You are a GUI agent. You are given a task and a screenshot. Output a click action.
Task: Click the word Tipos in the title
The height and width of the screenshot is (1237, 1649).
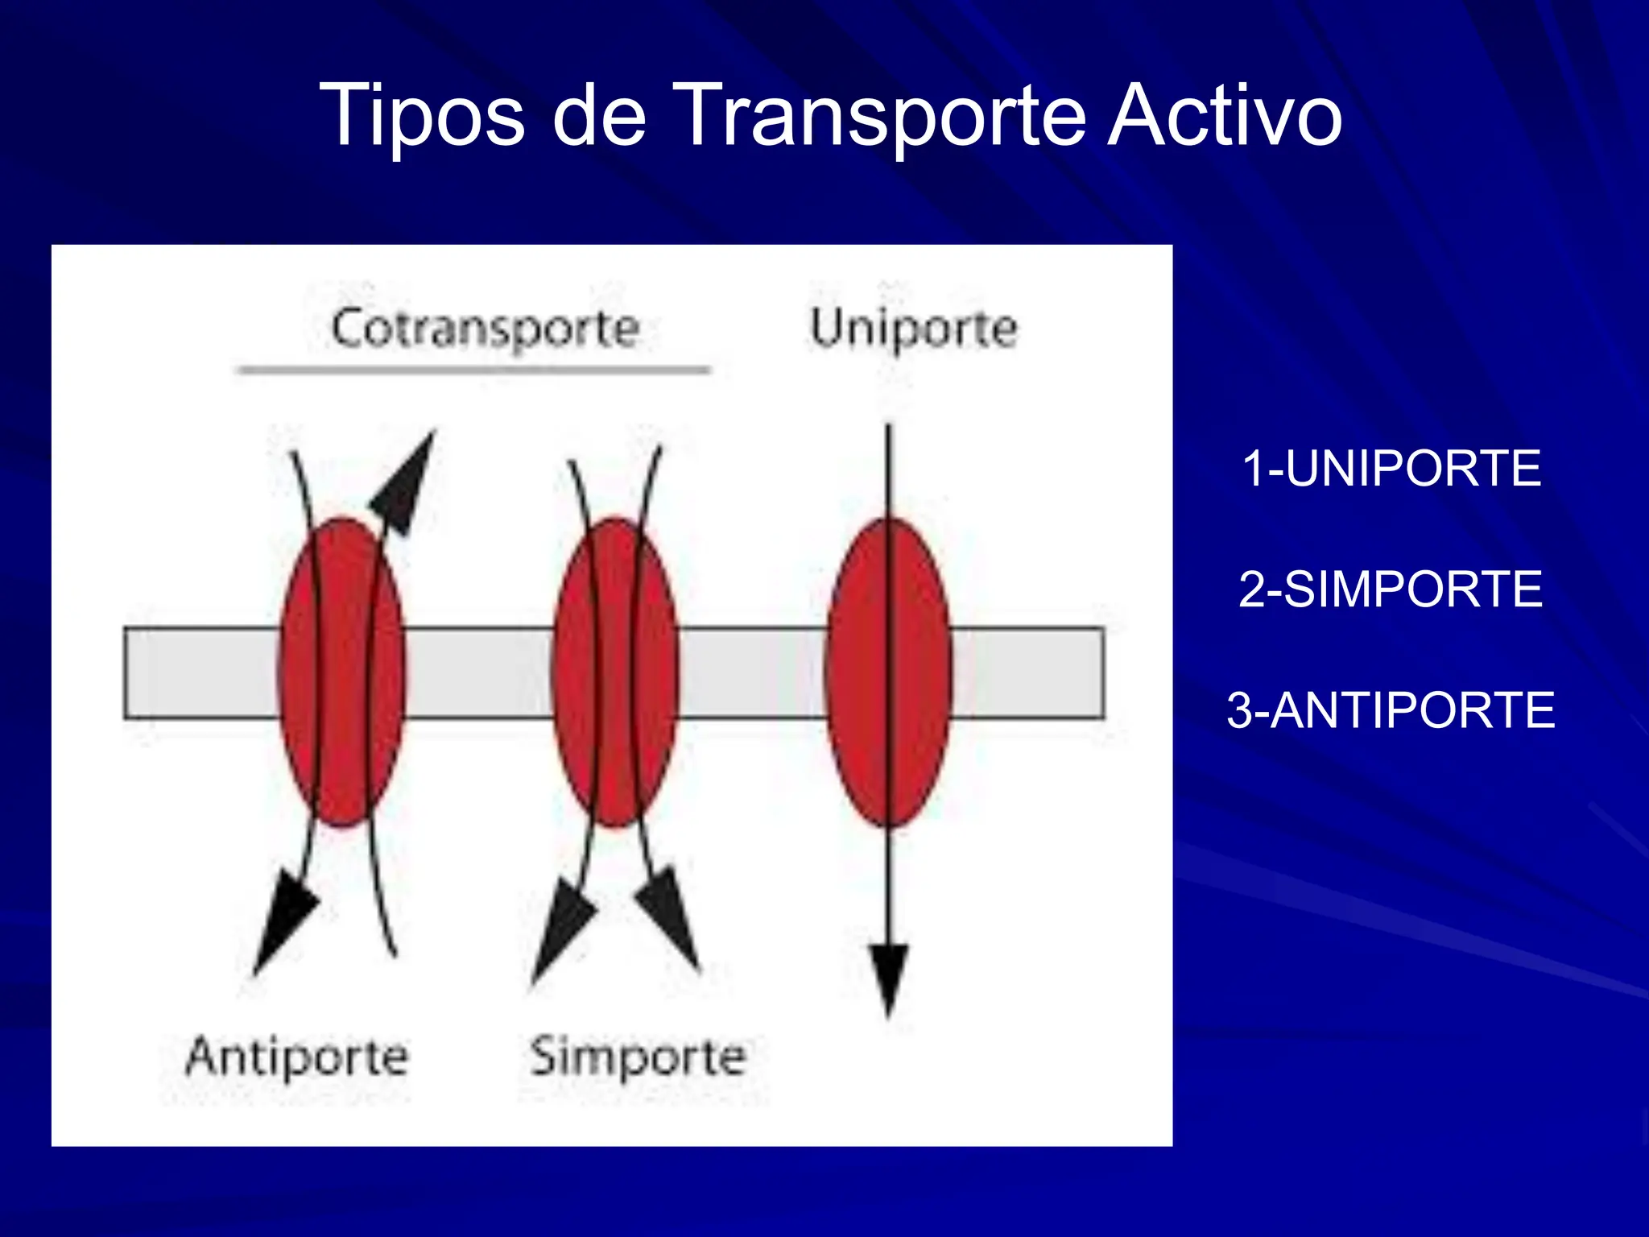[x=422, y=117]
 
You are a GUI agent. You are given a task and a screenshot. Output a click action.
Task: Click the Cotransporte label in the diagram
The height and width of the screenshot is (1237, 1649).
[x=485, y=329]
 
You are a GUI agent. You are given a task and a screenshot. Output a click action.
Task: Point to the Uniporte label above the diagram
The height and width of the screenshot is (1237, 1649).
[x=913, y=329]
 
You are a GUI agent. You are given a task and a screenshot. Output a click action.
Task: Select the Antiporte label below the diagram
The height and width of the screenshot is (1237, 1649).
[x=297, y=1057]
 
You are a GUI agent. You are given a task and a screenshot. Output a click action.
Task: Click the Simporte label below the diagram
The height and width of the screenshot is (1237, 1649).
[x=638, y=1057]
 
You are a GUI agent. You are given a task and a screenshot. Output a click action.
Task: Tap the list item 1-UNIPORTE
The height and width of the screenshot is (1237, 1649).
[x=1391, y=468]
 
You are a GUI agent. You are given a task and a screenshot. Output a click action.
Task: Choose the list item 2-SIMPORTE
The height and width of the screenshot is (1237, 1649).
[x=1391, y=589]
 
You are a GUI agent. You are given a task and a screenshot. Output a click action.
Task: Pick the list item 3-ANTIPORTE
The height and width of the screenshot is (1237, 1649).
[x=1391, y=710]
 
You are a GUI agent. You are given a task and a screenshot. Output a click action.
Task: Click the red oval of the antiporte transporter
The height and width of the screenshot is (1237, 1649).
[x=341, y=672]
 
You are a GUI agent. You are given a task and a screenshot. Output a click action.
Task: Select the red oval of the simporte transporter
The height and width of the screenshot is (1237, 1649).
[x=615, y=672]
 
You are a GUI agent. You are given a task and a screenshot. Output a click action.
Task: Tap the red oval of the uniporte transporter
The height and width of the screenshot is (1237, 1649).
[x=889, y=672]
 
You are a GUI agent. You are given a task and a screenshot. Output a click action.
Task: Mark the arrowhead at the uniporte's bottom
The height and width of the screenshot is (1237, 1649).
[x=889, y=974]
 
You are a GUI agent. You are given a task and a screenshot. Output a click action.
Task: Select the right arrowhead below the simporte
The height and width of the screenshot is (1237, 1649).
[x=671, y=914]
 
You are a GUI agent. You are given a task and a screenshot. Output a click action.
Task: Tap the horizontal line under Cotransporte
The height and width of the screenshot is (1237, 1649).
[x=473, y=370]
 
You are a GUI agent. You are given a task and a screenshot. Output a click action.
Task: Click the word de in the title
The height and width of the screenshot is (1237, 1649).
[x=599, y=117]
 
